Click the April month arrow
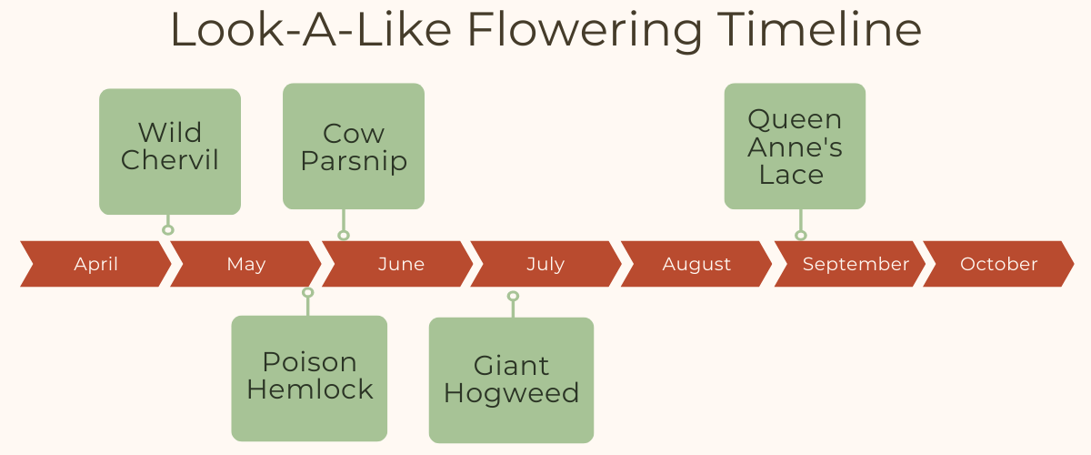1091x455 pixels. [96, 264]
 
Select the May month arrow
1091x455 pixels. [246, 264]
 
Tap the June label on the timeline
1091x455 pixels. [401, 264]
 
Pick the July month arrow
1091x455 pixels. [545, 264]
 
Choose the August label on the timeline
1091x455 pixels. [696, 264]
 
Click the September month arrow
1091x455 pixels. [850, 264]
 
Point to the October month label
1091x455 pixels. [998, 264]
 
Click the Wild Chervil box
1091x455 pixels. [170, 152]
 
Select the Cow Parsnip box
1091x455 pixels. [354, 147]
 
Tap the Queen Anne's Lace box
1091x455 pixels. [795, 147]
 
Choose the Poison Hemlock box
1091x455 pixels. [309, 379]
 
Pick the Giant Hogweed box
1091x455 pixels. [511, 380]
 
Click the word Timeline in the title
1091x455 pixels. [819, 29]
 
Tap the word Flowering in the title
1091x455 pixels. [585, 31]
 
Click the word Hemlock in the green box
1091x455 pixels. [310, 389]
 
